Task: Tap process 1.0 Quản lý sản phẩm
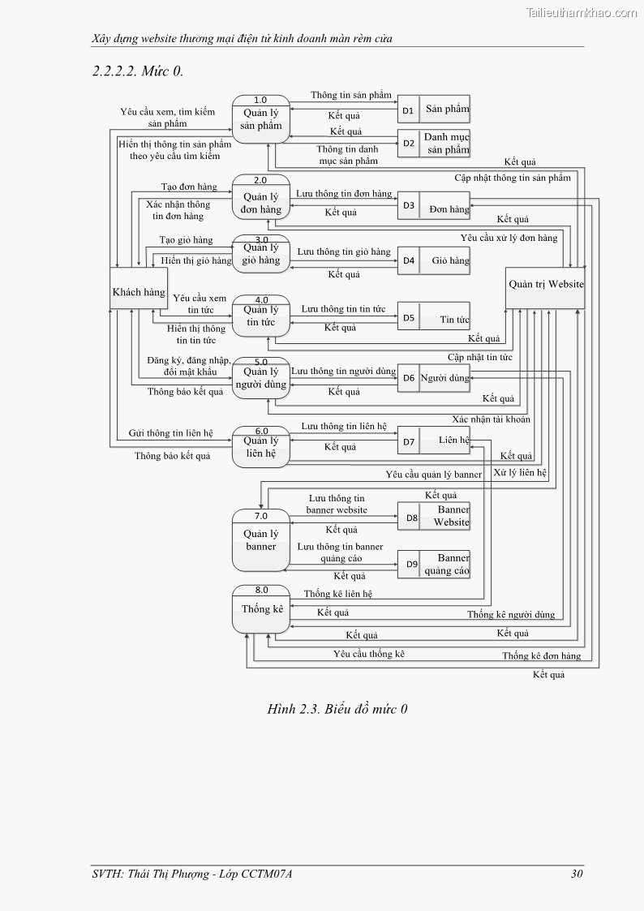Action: [261, 120]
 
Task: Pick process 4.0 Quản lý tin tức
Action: [261, 315]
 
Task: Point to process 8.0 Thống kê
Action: [261, 609]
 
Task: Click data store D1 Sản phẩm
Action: [433, 110]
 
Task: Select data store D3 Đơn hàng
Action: [433, 207]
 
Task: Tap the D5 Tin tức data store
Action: [433, 318]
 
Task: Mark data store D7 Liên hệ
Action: [433, 441]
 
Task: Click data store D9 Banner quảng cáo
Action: [433, 564]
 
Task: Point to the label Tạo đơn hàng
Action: [188, 187]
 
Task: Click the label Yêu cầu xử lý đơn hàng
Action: [509, 238]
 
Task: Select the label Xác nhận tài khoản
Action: [491, 419]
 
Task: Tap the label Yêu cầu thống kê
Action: [368, 654]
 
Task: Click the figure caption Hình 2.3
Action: [337, 710]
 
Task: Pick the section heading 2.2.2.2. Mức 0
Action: [138, 71]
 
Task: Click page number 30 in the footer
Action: [577, 874]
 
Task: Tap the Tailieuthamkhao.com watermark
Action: [582, 12]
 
